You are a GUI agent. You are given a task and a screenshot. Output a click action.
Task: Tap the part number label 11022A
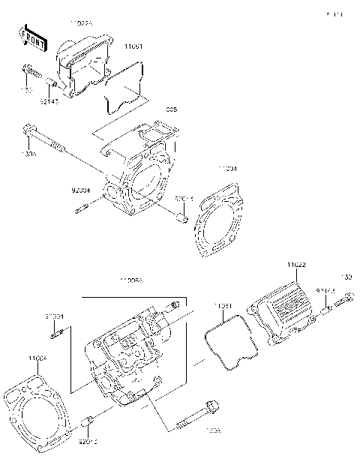[81, 24]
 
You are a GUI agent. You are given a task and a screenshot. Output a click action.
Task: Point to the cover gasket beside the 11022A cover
[124, 89]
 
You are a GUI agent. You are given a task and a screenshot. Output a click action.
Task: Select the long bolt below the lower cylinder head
[197, 416]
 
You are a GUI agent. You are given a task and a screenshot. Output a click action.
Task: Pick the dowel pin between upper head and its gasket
[181, 217]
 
